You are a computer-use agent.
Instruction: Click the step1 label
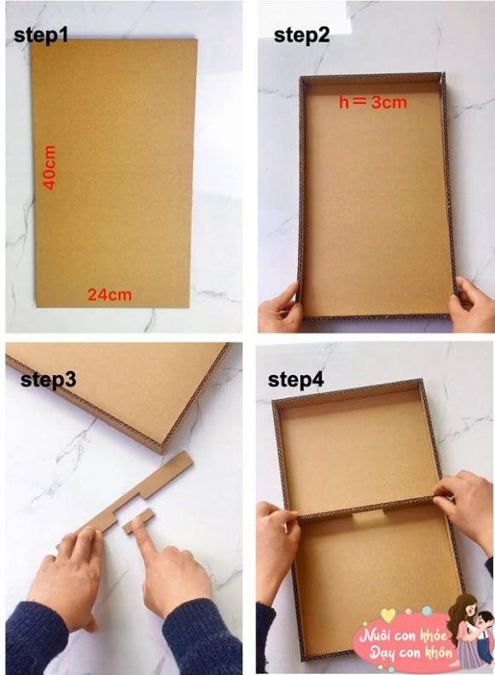pos(41,35)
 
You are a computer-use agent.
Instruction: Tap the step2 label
pos(301,35)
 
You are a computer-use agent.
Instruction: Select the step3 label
pos(49,379)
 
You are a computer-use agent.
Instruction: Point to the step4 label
pos(296,379)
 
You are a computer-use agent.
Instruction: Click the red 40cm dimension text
pos(49,167)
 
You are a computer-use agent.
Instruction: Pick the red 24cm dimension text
pos(109,295)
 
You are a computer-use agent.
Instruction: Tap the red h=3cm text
pos(373,103)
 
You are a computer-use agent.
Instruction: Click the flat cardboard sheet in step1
pos(114,173)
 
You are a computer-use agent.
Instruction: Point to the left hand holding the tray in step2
pos(282,306)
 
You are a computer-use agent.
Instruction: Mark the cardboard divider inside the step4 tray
pos(365,508)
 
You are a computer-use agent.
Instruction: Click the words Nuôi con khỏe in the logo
pos(403,636)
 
